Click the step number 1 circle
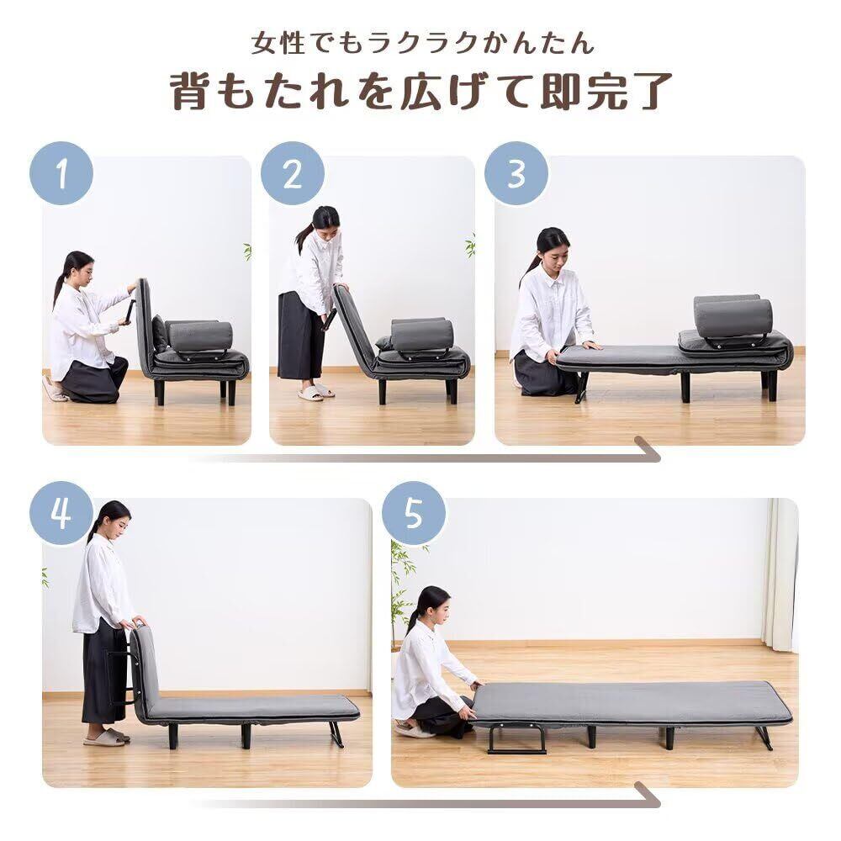tap(61, 173)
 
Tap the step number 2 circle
tap(293, 173)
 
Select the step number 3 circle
tap(516, 173)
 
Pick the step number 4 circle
tap(61, 513)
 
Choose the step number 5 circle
tap(414, 513)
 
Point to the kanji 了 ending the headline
tap(653, 92)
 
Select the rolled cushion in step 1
tap(200, 336)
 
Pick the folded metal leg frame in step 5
tap(516, 738)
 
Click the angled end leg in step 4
tap(337, 733)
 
